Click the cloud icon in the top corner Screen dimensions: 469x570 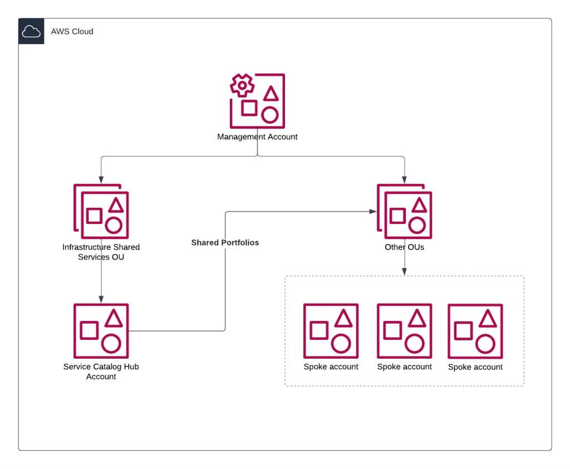point(31,32)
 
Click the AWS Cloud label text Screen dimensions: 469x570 point(72,32)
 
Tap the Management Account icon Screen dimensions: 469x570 point(257,101)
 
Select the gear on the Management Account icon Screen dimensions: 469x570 point(242,85)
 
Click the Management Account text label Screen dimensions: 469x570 point(257,137)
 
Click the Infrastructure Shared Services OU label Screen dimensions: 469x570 point(101,252)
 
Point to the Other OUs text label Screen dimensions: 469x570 point(405,247)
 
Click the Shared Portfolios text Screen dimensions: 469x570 point(225,243)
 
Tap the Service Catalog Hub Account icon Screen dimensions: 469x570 point(101,331)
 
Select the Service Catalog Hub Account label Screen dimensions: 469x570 point(101,372)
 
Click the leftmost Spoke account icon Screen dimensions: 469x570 point(331,331)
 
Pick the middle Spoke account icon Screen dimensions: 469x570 point(405,331)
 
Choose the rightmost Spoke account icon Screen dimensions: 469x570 point(475,331)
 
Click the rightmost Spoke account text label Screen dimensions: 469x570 point(475,367)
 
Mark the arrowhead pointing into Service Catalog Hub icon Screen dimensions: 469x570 point(101,300)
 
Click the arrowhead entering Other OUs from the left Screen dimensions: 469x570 point(373,212)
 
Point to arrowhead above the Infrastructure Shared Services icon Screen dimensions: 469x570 point(101,180)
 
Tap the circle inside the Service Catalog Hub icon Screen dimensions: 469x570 point(111,344)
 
